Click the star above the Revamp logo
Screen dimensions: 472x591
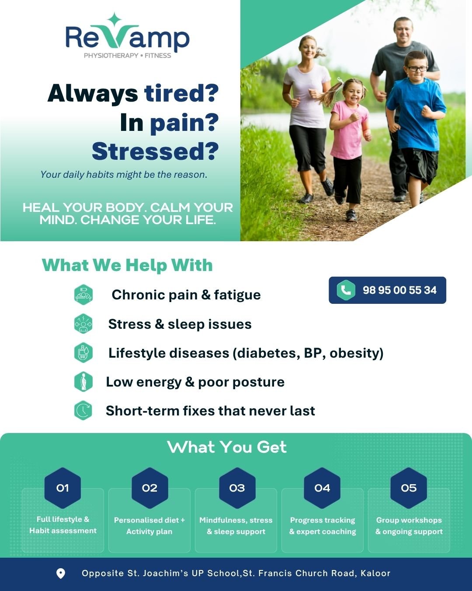pyautogui.click(x=115, y=20)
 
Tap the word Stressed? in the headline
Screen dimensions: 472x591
pyautogui.click(x=155, y=151)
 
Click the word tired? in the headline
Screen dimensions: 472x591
pyautogui.click(x=181, y=93)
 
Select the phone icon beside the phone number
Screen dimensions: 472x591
pyautogui.click(x=346, y=290)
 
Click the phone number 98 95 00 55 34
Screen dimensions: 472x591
pyautogui.click(x=399, y=290)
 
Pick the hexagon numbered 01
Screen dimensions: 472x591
pyautogui.click(x=62, y=488)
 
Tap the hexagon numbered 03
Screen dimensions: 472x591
pyautogui.click(x=237, y=488)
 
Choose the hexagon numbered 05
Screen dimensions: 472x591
pyautogui.click(x=409, y=488)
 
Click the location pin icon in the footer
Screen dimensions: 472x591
pyautogui.click(x=61, y=573)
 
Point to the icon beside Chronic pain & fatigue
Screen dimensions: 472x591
pyautogui.click(x=83, y=295)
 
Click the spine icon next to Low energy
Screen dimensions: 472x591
pyautogui.click(x=83, y=382)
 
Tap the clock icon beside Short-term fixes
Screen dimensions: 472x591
pyautogui.click(x=83, y=411)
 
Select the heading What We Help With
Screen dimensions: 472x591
pyautogui.click(x=127, y=265)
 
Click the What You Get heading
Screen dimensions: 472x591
pyautogui.click(x=227, y=447)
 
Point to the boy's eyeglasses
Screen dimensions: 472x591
pyautogui.click(x=417, y=68)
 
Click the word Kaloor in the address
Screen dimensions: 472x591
pyautogui.click(x=375, y=573)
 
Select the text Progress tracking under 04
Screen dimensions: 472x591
pyautogui.click(x=323, y=520)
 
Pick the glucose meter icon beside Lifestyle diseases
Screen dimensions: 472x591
pyautogui.click(x=83, y=352)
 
